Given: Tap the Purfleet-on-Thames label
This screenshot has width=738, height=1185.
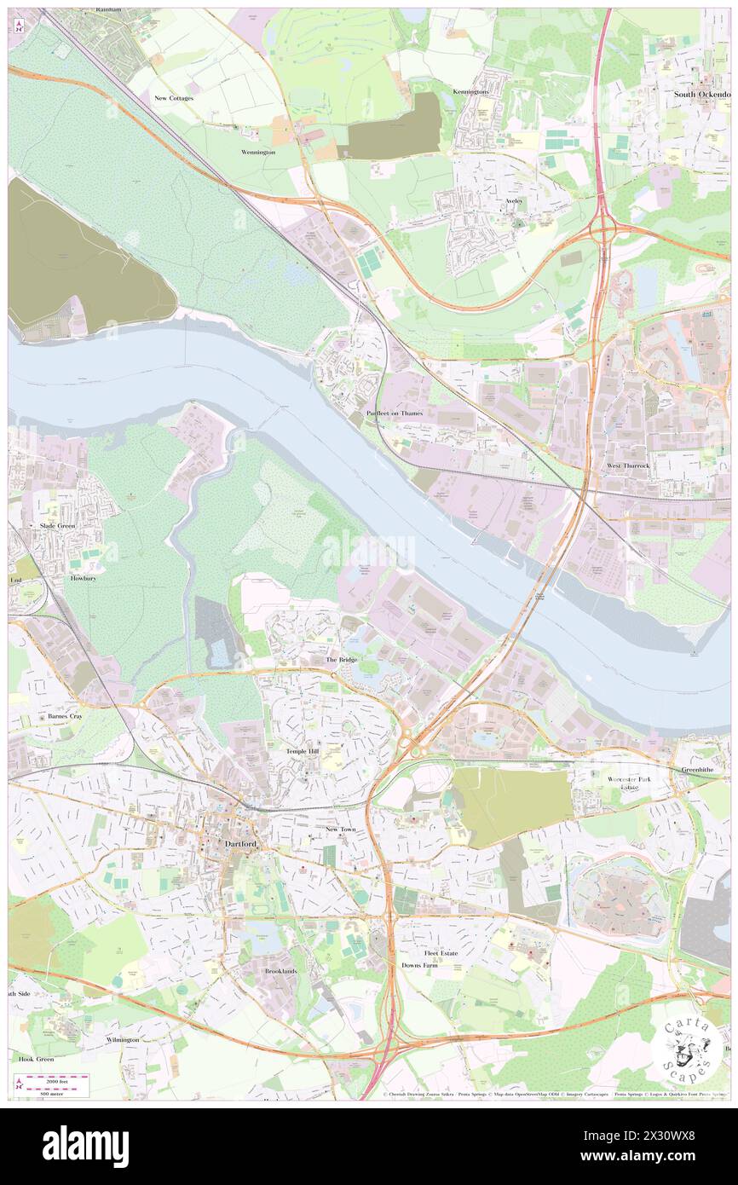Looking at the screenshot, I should coord(395,413).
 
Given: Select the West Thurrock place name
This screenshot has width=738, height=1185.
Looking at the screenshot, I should coord(627,466).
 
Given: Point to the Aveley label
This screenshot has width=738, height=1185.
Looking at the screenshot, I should coord(513,201).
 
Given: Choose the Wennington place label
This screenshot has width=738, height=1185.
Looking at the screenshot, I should coord(258,152).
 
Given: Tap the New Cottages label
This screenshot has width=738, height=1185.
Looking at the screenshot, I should coord(174,98).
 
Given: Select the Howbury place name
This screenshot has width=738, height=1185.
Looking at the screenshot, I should coord(84,577).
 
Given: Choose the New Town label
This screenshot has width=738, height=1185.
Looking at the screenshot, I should coord(340,829).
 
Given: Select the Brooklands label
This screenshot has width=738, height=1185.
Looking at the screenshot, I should coord(280,971).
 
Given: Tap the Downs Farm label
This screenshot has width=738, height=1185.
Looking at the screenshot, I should coord(419,965).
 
